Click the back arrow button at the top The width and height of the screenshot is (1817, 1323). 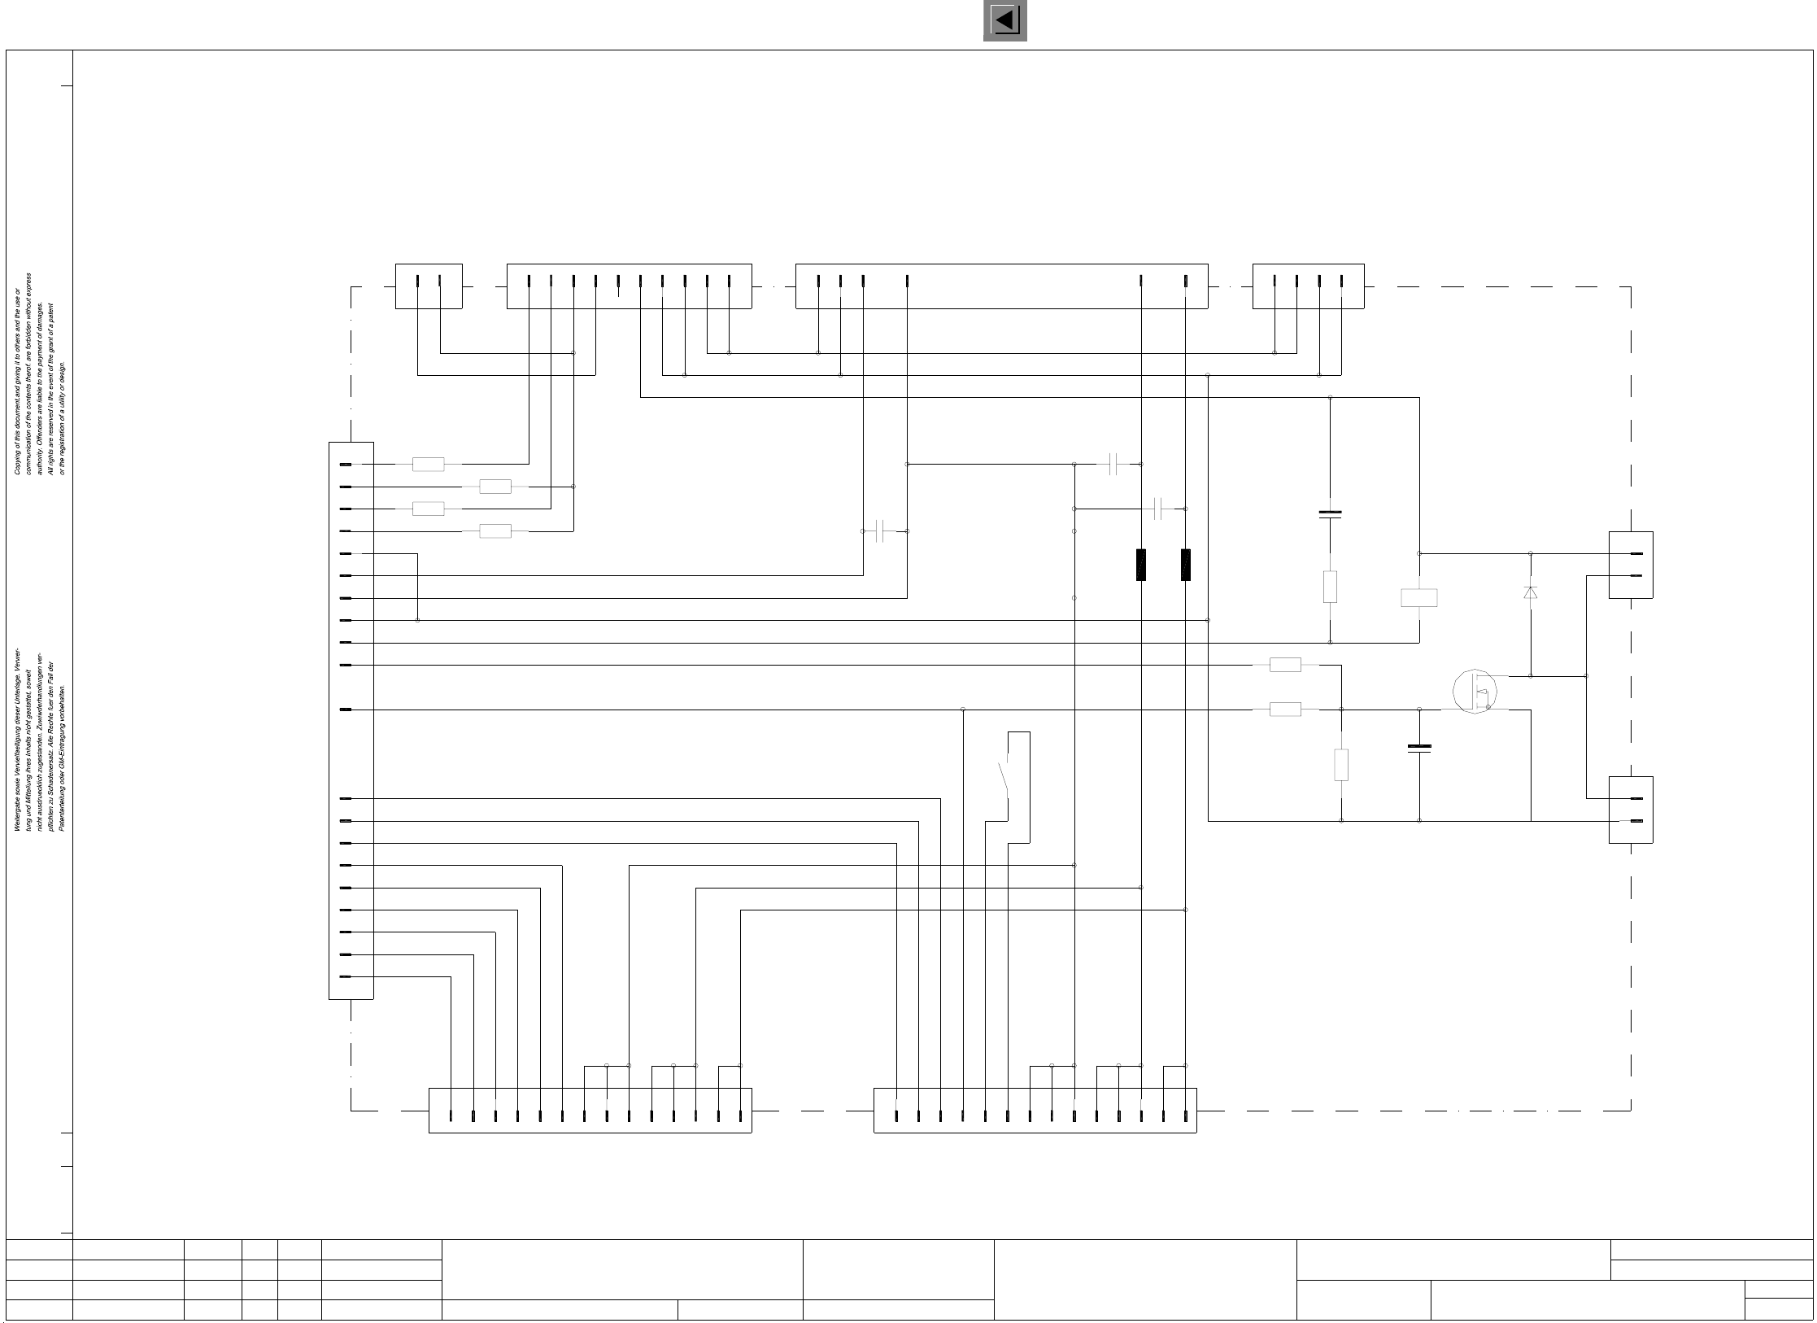tap(1004, 20)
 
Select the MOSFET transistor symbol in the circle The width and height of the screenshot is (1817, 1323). tap(1475, 692)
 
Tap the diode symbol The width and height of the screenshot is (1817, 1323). tap(1530, 592)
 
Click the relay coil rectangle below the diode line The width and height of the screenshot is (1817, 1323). tap(1418, 598)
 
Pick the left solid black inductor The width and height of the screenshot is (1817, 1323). tap(1141, 565)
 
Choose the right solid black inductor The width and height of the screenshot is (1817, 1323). tap(1186, 565)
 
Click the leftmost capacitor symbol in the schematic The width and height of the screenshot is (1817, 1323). tap(879, 531)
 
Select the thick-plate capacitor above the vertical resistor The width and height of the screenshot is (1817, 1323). tap(1330, 513)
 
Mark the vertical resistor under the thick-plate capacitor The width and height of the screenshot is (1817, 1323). tap(1330, 587)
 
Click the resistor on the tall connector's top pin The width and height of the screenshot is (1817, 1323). tap(429, 465)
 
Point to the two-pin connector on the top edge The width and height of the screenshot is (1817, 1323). tap(429, 286)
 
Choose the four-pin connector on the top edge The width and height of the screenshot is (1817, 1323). tap(1308, 286)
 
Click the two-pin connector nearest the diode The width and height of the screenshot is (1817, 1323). tap(1631, 565)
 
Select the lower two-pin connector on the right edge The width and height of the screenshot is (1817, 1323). tap(1631, 810)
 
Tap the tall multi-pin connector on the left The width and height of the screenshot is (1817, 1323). tap(351, 720)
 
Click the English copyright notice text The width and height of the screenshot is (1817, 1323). tap(40, 374)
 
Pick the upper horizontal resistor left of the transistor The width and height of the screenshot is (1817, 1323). tap(1285, 665)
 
